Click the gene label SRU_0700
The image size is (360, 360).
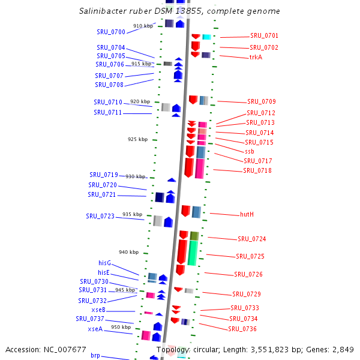pos(111,32)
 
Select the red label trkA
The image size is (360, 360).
pos(256,58)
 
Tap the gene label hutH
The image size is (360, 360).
pos(247,214)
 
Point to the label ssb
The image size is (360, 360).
pos(250,152)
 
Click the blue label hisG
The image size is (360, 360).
pos(104,263)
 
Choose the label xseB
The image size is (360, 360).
pos(98,310)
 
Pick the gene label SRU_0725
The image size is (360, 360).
pos(250,256)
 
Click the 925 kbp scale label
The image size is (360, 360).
pos(137,139)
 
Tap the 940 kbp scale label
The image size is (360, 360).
pos(128,252)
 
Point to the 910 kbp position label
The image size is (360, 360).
pos(143,26)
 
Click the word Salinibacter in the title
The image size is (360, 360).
pos(104,11)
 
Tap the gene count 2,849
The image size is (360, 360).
pos(342,349)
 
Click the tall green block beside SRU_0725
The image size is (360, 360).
pos(193,253)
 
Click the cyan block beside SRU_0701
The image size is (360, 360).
pos(206,37)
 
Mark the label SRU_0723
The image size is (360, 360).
pos(100,216)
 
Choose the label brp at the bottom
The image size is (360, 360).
pos(95,356)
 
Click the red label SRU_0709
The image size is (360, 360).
pos(262,102)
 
